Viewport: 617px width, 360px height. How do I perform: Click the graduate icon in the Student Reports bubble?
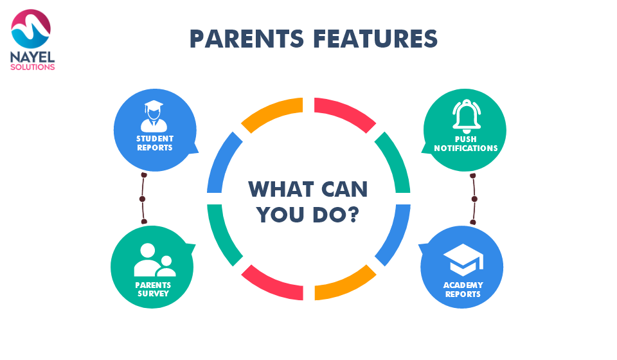coord(154,116)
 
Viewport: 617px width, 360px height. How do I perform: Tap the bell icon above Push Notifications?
coord(467,116)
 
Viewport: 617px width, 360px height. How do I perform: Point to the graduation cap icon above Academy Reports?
coord(463,260)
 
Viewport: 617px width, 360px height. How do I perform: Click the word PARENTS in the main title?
coord(247,39)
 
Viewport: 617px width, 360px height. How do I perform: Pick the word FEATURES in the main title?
coord(375,39)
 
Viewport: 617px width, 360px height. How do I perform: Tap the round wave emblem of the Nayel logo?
coord(31,29)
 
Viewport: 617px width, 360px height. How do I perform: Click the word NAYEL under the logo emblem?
coord(32,57)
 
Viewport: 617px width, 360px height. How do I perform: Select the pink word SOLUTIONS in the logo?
coord(32,67)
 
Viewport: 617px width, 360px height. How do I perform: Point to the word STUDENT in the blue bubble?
coord(155,138)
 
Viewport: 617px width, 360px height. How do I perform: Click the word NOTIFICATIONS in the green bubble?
coord(466,148)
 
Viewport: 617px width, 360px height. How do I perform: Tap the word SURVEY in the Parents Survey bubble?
coord(153,294)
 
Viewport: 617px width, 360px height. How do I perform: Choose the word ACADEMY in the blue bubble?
coord(463,285)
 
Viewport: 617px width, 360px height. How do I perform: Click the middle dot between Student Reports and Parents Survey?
coord(143,199)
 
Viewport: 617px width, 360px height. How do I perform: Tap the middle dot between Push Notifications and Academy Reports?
coord(474,199)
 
